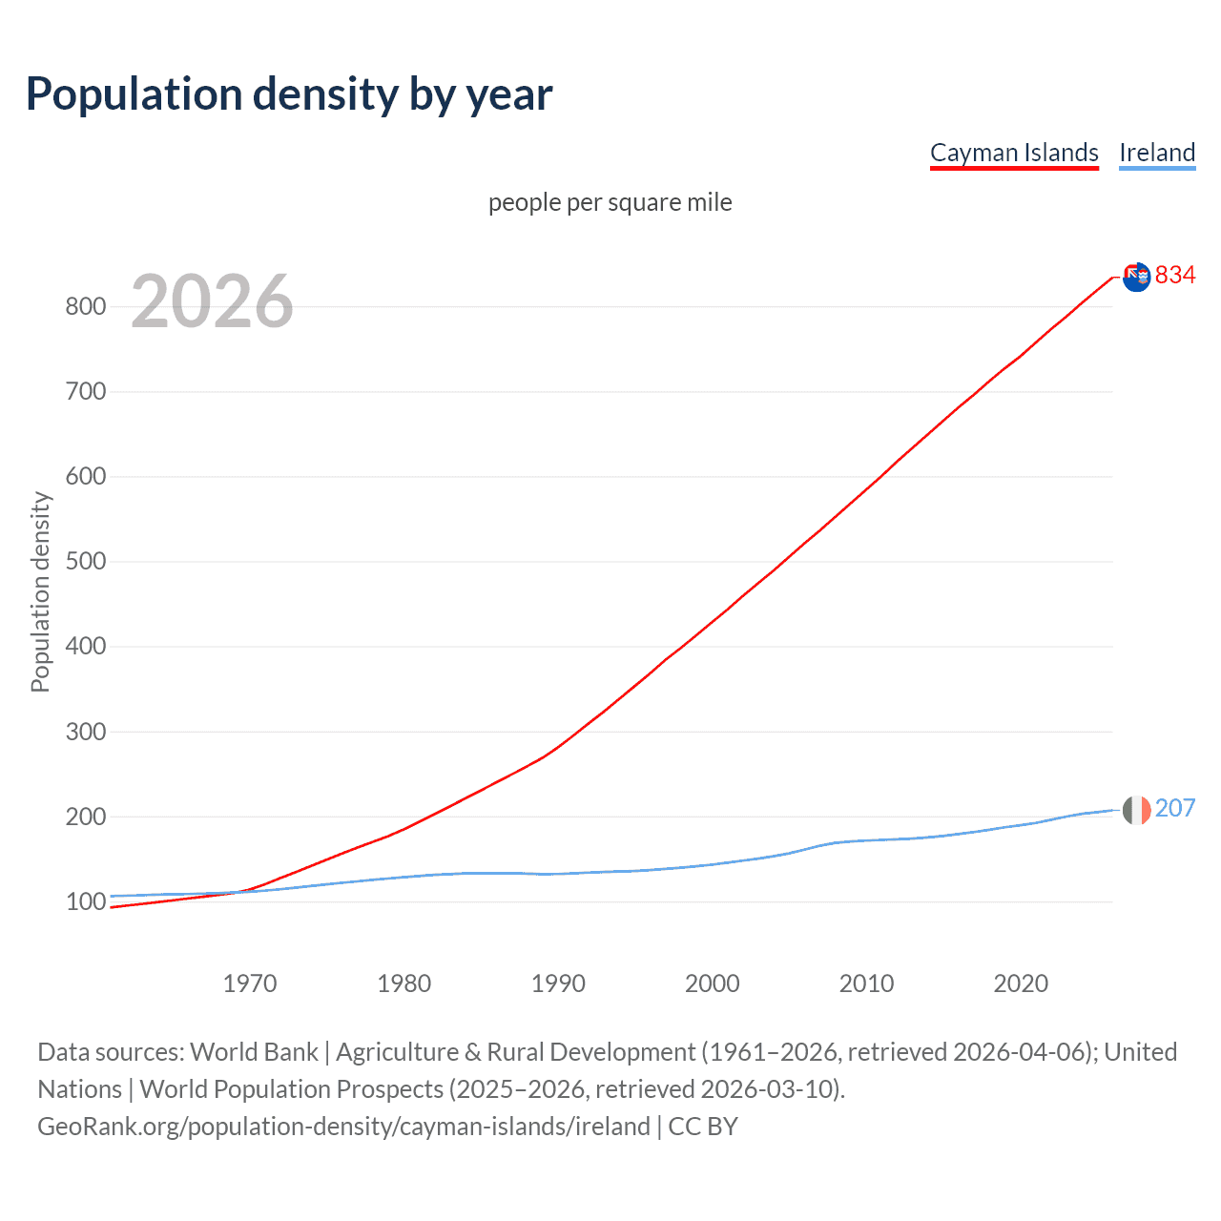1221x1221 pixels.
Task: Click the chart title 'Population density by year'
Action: [289, 94]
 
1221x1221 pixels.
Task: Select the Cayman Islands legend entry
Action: [1014, 153]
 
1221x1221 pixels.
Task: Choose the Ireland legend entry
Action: [1157, 153]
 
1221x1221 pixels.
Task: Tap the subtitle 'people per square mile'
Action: [610, 202]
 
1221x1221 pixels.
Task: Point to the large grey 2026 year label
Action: [212, 301]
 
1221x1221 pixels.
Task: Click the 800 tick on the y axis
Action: [85, 306]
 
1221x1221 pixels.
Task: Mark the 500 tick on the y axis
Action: [85, 561]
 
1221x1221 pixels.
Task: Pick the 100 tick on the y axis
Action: [85, 901]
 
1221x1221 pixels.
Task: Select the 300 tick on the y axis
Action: [85, 732]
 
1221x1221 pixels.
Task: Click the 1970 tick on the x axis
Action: [250, 983]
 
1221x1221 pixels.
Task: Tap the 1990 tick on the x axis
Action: [558, 983]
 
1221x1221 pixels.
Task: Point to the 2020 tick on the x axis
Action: [1021, 983]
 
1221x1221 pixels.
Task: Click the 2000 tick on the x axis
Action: [713, 983]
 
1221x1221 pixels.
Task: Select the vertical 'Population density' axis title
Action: [40, 591]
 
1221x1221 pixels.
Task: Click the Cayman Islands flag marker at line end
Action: [1136, 277]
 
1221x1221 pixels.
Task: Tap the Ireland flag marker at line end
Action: [1136, 810]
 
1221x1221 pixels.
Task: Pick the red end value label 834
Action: [1175, 275]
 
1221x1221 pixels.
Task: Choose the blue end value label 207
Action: [1175, 808]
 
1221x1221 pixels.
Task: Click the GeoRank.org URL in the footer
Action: [343, 1127]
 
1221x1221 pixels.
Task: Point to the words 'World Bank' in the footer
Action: [254, 1052]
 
